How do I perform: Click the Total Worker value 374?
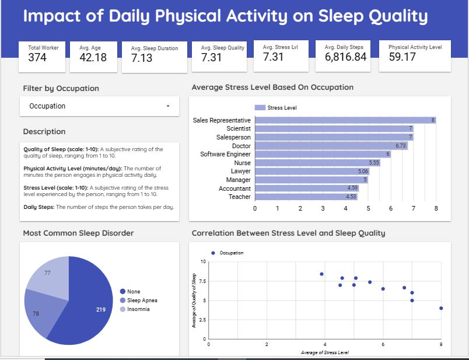(37, 57)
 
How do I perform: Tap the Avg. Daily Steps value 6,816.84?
(345, 57)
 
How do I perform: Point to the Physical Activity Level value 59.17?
(402, 57)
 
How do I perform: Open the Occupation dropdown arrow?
(168, 107)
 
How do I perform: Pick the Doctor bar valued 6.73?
(331, 146)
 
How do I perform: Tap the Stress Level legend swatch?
(260, 108)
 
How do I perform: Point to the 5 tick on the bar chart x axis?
(368, 208)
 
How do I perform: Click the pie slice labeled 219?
(87, 303)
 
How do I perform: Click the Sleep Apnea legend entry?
(142, 300)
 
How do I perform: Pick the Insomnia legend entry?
(138, 309)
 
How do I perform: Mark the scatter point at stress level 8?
(441, 308)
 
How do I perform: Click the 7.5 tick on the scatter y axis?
(202, 281)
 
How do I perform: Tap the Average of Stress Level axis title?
(324, 352)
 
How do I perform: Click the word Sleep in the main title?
(339, 16)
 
